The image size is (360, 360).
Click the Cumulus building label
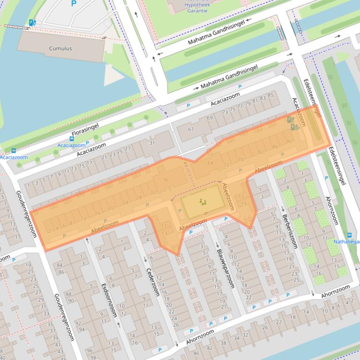point(60,48)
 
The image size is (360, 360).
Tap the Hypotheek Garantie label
point(197,7)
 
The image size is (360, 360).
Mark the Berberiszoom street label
point(290,232)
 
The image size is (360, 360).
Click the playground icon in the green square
point(203,202)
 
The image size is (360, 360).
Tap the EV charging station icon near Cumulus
point(32,22)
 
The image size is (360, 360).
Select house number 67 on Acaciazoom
point(191,129)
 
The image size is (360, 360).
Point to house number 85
point(271,96)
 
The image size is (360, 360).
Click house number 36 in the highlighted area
point(165,180)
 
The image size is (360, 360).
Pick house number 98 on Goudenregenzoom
point(93,357)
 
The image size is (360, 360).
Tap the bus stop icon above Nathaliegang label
point(349,235)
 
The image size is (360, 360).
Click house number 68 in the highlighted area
point(210,163)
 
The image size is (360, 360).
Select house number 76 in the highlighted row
point(241,158)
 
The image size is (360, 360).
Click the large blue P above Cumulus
point(73,4)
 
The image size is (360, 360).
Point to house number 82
point(261,152)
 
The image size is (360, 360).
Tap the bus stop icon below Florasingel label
point(72,138)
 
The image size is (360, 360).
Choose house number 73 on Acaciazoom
point(225,112)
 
